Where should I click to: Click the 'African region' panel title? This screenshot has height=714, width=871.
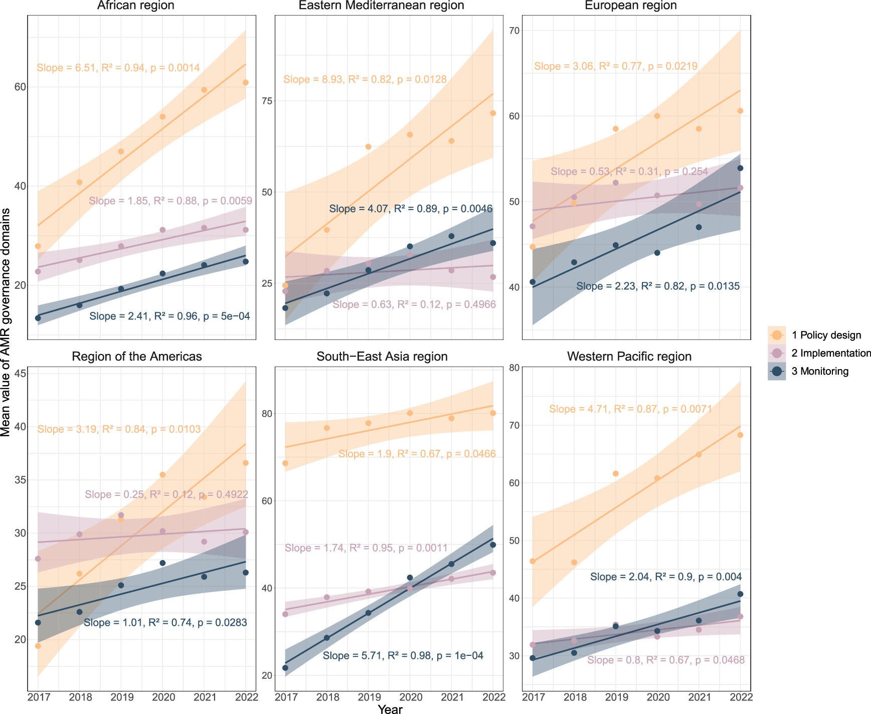[135, 6]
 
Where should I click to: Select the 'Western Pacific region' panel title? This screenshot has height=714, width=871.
[629, 356]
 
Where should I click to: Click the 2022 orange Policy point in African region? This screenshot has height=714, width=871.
[245, 83]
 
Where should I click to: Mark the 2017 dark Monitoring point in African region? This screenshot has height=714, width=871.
[38, 318]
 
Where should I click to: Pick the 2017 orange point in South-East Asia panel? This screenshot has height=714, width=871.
[285, 463]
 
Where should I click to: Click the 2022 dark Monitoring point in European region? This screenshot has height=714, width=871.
[740, 168]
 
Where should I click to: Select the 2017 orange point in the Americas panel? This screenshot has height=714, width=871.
[38, 646]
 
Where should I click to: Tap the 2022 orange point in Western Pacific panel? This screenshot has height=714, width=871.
[740, 435]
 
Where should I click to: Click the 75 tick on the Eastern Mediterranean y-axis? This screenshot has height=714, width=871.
[266, 101]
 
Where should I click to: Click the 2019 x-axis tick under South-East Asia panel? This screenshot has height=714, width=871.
[369, 697]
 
